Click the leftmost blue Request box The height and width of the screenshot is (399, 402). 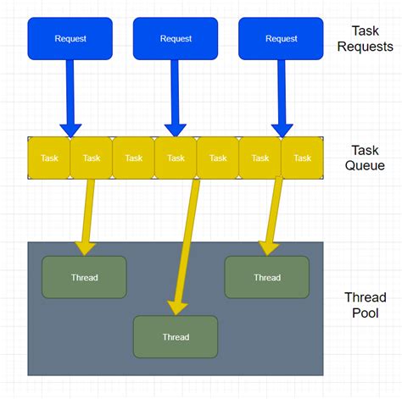70,39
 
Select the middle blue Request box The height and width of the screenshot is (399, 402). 176,39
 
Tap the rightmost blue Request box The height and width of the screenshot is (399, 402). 281,39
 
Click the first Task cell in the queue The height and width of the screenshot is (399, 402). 49,158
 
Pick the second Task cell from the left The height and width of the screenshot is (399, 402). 91,158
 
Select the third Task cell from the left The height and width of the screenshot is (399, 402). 133,158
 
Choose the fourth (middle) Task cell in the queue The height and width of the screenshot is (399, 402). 176,158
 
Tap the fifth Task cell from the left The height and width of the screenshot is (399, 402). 218,158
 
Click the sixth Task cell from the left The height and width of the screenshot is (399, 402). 260,158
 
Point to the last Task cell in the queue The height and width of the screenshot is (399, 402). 302,158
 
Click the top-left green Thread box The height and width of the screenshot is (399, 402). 84,277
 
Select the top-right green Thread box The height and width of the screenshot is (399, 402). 266,277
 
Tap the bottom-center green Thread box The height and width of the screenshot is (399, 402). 176,336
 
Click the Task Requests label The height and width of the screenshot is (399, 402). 366,38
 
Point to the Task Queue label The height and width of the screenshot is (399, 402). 366,157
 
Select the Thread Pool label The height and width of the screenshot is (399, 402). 366,305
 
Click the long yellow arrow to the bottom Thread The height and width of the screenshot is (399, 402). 185,246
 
